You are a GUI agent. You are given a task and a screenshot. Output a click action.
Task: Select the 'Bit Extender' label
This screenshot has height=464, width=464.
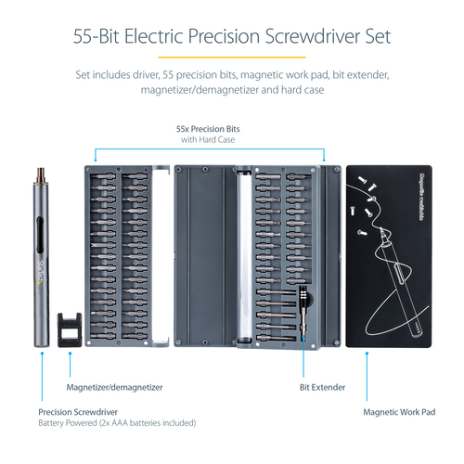321,386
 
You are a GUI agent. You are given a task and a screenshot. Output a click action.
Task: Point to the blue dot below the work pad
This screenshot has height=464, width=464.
367,356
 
